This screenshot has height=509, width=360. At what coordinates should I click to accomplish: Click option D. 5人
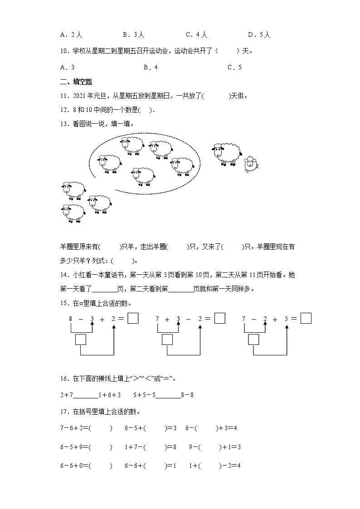pyautogui.click(x=259, y=34)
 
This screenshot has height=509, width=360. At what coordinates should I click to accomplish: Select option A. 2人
pyautogui.click(x=71, y=34)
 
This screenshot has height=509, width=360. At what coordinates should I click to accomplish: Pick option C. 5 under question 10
pyautogui.click(x=234, y=67)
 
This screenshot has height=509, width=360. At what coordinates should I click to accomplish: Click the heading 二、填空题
pyautogui.click(x=76, y=82)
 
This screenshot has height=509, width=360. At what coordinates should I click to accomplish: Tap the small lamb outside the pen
pyautogui.click(x=250, y=165)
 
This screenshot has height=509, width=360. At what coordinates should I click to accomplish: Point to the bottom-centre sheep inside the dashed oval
pyautogui.click(x=142, y=176)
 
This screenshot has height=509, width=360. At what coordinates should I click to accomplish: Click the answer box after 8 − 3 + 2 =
pyautogui.click(x=133, y=319)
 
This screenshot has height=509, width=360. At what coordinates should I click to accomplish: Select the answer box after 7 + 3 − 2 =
pyautogui.click(x=219, y=319)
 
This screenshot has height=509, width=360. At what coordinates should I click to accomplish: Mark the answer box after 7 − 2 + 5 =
pyautogui.click(x=306, y=319)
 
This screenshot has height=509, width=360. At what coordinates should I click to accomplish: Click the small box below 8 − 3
pyautogui.click(x=81, y=339)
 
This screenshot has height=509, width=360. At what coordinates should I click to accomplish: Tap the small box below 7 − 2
pyautogui.click(x=253, y=339)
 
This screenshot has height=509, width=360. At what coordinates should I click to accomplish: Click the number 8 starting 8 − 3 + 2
pyautogui.click(x=71, y=319)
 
